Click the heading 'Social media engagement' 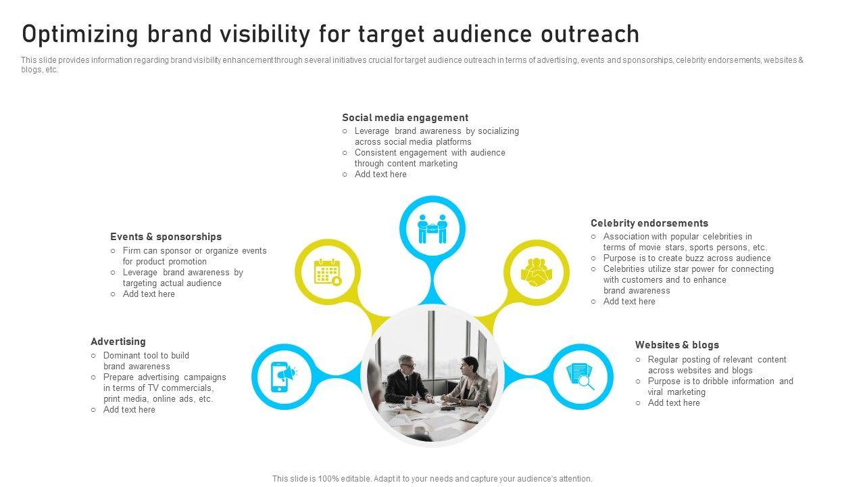pos(405,118)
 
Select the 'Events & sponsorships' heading pos(166,237)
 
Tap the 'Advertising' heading pos(118,342)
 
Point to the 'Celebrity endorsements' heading pos(649,223)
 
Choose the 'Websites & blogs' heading pos(676,345)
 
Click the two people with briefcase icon pos(432,229)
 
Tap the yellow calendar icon pos(328,272)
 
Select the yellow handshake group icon pos(537,272)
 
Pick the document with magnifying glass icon pos(580,377)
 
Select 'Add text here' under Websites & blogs pos(674,403)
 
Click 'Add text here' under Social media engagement pos(380,175)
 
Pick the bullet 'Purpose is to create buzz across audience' pos(687,258)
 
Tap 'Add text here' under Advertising pos(129,410)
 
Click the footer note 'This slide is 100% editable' pos(432,479)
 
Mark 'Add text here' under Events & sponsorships pos(149,294)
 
